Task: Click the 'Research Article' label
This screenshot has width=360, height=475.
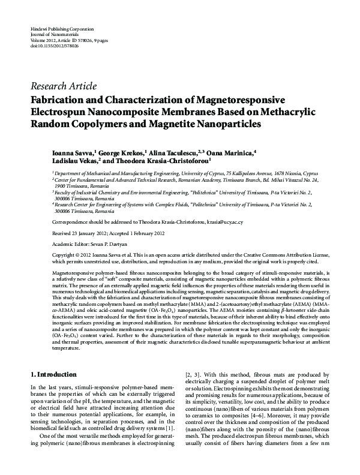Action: coord(63,86)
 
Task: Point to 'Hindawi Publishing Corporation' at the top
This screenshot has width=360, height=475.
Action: coord(61,29)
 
